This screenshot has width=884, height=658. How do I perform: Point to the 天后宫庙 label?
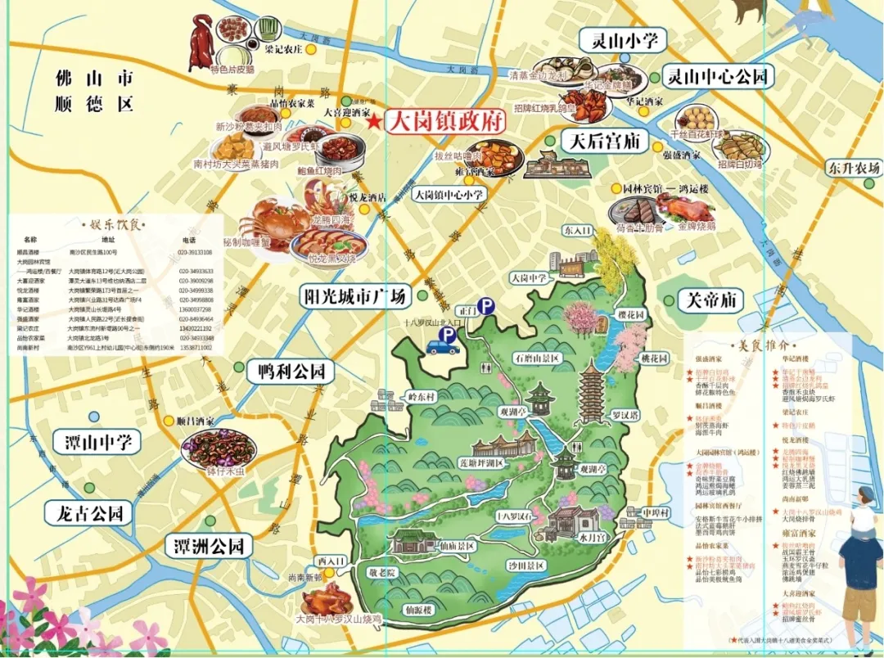point(604,140)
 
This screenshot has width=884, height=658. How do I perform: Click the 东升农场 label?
point(853,168)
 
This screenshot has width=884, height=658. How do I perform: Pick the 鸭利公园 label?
point(291,372)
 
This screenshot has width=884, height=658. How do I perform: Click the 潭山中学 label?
point(97,443)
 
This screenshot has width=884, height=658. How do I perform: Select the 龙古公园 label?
point(89,514)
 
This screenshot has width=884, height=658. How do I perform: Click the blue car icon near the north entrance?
point(444,347)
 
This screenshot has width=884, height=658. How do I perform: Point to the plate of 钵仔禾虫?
point(219,448)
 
